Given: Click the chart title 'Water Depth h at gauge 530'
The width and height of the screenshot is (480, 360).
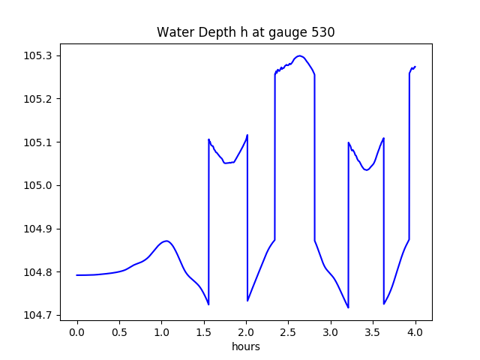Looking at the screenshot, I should [245, 33].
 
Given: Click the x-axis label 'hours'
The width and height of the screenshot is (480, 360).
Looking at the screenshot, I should [245, 347].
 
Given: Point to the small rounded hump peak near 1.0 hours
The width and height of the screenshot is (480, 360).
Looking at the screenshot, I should [166, 241].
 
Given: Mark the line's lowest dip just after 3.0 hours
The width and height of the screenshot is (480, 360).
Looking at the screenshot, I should [348, 307].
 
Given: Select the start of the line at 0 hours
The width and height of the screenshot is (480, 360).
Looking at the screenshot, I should [77, 275].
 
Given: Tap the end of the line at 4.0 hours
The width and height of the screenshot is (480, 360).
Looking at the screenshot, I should [415, 66].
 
